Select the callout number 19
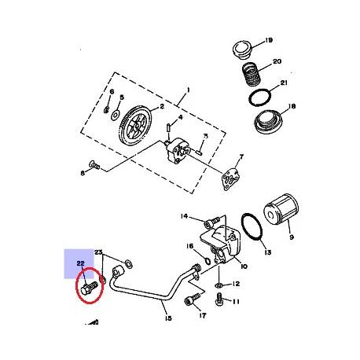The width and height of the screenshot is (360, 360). (268, 41)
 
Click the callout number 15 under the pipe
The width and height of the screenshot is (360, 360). (167, 319)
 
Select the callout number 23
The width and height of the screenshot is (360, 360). (100, 252)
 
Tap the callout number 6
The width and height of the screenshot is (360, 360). (112, 92)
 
